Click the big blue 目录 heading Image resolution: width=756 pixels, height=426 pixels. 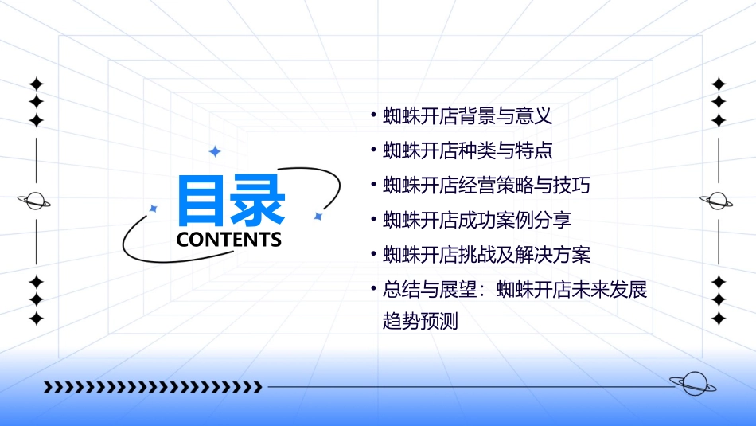coord(231,200)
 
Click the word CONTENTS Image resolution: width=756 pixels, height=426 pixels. coord(229,240)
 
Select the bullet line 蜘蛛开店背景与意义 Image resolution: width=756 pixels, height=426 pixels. coord(467,116)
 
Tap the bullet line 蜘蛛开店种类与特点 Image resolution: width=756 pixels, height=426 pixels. coord(467,150)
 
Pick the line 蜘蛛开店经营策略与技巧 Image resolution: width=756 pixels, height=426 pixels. coord(486,186)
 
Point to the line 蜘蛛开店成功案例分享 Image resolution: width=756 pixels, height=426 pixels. coord(477,220)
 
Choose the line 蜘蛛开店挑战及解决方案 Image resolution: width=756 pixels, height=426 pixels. coord(486,255)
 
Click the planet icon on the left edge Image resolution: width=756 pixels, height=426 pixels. coord(35,201)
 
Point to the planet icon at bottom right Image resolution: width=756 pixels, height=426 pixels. coord(693,385)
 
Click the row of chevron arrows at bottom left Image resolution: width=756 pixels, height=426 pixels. coord(152,387)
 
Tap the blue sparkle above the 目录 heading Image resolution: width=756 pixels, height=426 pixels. coord(214,151)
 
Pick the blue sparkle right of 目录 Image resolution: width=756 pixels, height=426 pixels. coord(318,216)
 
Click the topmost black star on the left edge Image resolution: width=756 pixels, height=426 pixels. coord(36,84)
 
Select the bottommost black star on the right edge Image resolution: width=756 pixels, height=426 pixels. coord(719,319)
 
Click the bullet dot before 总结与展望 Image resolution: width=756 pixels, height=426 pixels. coord(373,289)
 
